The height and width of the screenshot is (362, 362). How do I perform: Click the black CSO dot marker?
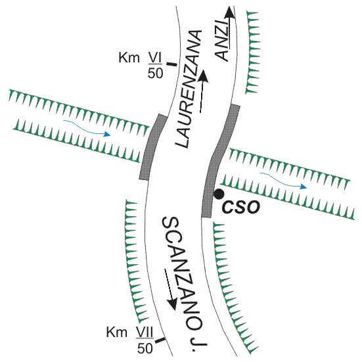pyautogui.click(x=219, y=194)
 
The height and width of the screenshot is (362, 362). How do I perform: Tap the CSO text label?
pyautogui.click(x=241, y=207)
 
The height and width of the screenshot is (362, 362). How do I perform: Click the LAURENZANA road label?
pyautogui.click(x=189, y=89)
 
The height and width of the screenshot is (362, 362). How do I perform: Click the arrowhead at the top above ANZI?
pyautogui.click(x=229, y=12)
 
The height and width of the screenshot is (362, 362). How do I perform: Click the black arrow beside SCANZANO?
pyautogui.click(x=171, y=290)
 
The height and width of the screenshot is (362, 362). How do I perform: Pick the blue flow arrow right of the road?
pyautogui.click(x=283, y=181)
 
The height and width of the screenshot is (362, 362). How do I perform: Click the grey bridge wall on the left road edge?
pyautogui.click(x=152, y=147)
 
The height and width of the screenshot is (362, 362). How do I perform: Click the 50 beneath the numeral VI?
pyautogui.click(x=155, y=74)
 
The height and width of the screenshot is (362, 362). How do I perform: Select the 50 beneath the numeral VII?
pyautogui.click(x=145, y=349)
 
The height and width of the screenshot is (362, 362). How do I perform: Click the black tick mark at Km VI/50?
pyautogui.click(x=171, y=64)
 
